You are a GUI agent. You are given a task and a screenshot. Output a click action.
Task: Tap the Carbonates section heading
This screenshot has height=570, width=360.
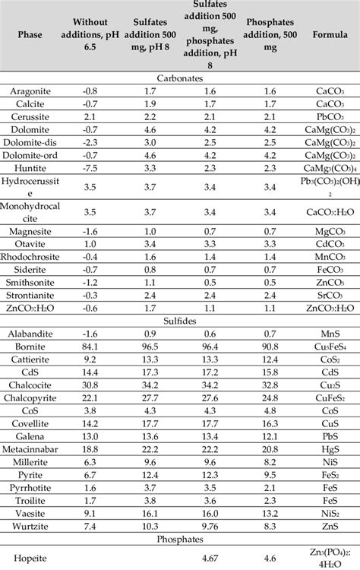pyautogui.click(x=180, y=78)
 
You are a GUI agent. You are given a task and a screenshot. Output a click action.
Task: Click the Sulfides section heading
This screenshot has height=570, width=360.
pyautogui.click(x=180, y=320)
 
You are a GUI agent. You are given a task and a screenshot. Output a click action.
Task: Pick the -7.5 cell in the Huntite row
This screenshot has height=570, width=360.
pyautogui.click(x=90, y=167)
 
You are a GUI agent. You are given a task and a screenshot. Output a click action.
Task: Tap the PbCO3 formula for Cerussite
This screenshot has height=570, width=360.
pyautogui.click(x=324, y=116)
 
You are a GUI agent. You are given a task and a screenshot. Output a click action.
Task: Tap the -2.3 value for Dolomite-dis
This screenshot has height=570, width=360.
pyautogui.click(x=90, y=141)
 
